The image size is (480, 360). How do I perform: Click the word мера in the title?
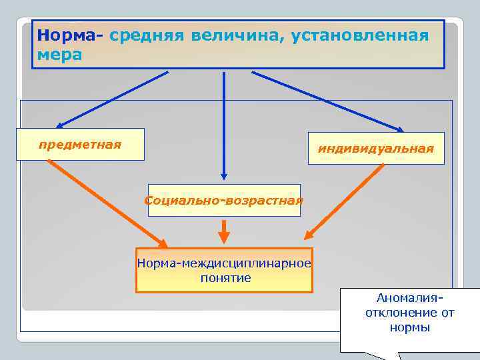tap(60, 55)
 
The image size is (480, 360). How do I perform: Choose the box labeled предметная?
tap(80, 144)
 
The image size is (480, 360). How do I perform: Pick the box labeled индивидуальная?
tap(375, 148)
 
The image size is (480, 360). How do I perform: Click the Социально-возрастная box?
tap(224, 200)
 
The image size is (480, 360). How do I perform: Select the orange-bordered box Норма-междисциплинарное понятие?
tap(224, 270)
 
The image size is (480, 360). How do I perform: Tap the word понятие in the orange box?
tap(225, 277)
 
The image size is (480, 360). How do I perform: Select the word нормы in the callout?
tap(409, 327)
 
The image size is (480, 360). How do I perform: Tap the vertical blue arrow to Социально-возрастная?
tap(224, 127)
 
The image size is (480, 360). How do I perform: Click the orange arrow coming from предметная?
tap(107, 203)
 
